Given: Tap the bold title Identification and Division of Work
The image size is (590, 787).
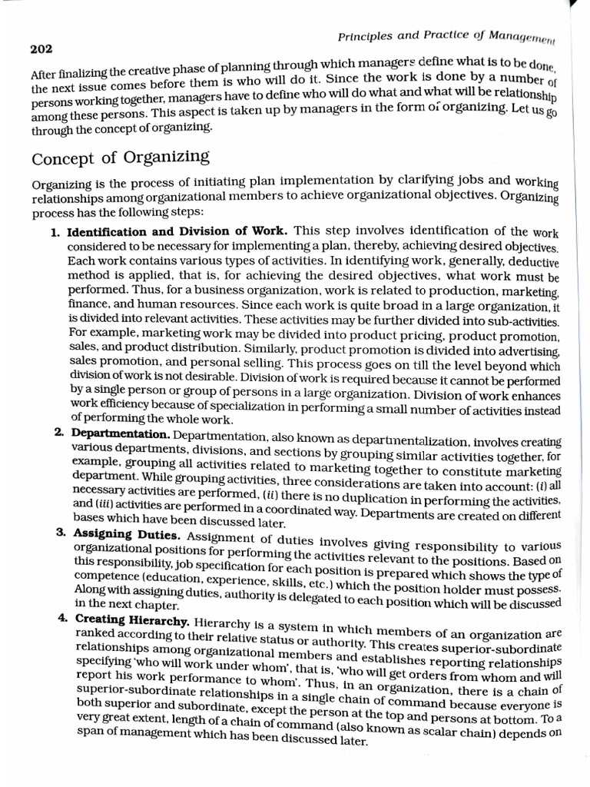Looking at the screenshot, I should point(177,231).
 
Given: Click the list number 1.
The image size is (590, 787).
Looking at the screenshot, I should point(56,231).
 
